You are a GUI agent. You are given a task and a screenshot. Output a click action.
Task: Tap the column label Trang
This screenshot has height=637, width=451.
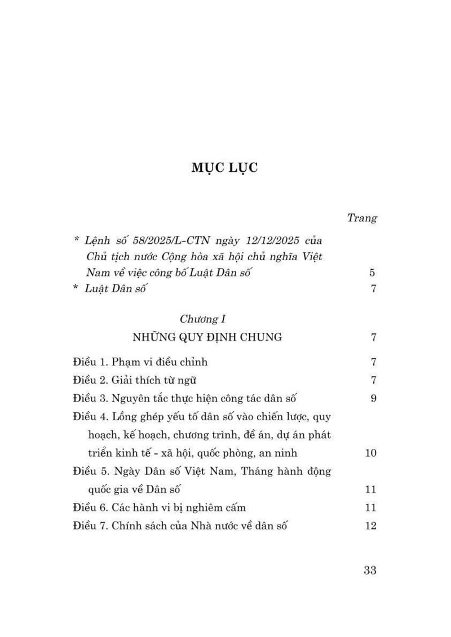(361, 218)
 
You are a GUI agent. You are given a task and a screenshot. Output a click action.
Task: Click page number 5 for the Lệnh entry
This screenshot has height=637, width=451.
(372, 273)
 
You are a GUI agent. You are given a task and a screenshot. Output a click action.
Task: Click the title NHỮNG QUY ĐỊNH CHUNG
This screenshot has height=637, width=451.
(207, 338)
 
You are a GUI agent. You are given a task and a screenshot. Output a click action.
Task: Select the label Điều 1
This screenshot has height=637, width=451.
(90, 362)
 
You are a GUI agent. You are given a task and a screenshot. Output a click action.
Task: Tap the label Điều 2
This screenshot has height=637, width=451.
(90, 380)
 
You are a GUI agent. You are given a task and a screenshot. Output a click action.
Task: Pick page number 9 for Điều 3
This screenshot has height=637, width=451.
(372, 398)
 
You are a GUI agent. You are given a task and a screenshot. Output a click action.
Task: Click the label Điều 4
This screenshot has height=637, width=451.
(90, 416)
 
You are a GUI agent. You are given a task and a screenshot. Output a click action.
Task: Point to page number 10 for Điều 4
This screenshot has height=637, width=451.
(370, 453)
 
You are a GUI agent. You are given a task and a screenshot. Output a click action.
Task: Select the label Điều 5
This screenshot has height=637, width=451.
(90, 471)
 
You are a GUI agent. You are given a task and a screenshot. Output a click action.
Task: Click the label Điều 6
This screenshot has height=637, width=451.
(90, 507)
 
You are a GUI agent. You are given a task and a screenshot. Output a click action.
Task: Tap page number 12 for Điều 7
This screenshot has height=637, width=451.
(370, 526)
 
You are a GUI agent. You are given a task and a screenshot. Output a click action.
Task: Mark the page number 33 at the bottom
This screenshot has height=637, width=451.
(370, 570)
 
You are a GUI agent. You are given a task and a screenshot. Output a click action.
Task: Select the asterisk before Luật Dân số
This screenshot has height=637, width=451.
(77, 289)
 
